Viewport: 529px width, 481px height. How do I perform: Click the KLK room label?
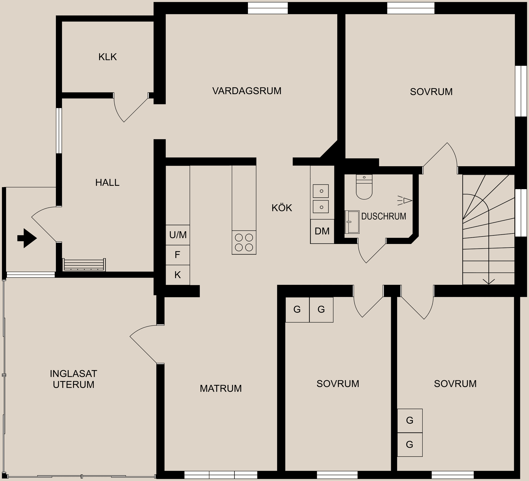coord(107,57)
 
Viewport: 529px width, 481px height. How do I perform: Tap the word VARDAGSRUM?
coord(247,91)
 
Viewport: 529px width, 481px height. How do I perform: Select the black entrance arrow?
coord(27,238)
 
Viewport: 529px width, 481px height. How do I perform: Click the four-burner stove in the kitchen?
coord(244,242)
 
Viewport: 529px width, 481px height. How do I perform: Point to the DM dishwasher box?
coord(322,231)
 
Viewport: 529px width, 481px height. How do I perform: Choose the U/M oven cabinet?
coord(178,235)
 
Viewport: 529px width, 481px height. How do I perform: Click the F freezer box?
coord(178,255)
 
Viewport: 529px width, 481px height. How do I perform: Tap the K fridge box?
coord(178,275)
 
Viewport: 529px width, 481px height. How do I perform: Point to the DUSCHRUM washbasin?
coord(352,222)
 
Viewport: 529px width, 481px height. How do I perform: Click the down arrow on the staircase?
coord(488,281)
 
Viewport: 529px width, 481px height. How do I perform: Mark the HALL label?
coord(107,183)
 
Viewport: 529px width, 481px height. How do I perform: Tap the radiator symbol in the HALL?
coord(84,265)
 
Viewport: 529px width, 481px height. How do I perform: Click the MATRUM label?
coord(220,388)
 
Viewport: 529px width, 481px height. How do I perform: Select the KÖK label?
coord(282,208)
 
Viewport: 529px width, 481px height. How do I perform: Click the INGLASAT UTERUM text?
coord(73,379)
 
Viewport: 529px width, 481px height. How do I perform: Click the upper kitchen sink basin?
coord(321,191)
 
